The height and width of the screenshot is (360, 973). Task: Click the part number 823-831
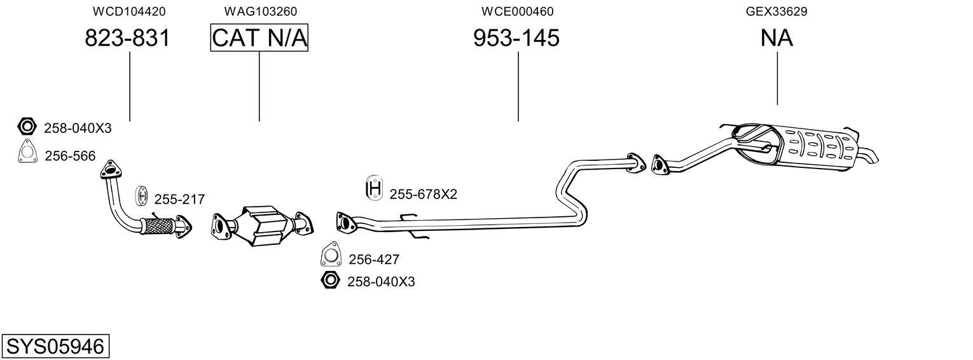tap(127, 38)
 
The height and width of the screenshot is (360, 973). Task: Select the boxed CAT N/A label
tap(259, 38)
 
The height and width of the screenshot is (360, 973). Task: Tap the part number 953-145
tap(516, 38)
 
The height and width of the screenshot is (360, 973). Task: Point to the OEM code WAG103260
tap(260, 11)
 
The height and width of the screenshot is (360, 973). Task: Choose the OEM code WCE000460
tap(517, 11)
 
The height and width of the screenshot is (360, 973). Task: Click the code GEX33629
tap(776, 11)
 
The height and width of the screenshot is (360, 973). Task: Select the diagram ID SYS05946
tap(55, 347)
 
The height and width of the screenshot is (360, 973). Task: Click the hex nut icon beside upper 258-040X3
tap(27, 127)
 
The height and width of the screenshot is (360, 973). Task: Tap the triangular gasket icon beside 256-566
tap(27, 154)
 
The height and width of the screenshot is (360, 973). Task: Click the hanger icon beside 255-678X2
tap(374, 188)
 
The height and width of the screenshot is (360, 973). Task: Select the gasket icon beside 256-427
tap(330, 255)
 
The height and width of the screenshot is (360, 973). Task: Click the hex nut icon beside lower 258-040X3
tap(330, 280)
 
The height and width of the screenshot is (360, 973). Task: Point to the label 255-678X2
tap(423, 194)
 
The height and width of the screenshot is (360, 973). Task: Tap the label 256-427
tap(374, 260)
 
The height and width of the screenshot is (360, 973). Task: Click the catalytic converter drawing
tap(261, 226)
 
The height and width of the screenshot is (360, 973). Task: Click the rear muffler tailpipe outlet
tap(869, 156)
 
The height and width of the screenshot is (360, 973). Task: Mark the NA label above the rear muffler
tap(776, 38)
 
